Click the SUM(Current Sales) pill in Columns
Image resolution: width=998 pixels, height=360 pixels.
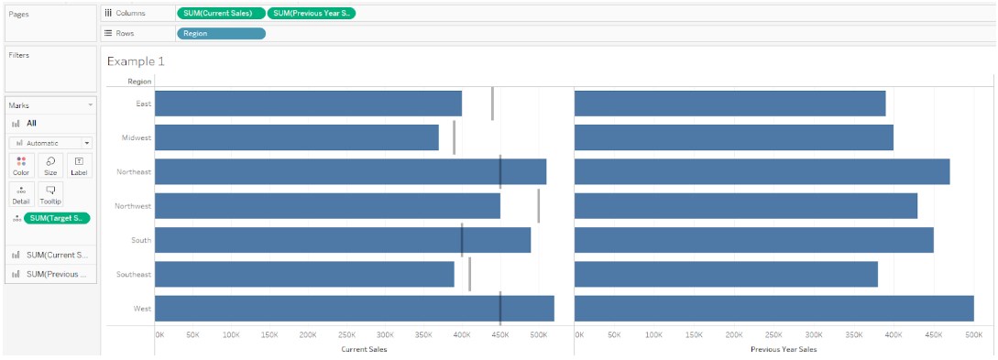coord(221,13)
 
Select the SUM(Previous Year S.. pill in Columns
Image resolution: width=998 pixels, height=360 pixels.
coord(312,13)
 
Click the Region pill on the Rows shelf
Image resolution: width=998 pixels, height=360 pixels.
coord(221,34)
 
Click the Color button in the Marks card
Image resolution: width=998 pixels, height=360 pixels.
coord(21,166)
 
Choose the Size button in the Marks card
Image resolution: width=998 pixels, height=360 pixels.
coord(50,166)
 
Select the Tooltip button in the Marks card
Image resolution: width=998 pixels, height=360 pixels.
coord(50,194)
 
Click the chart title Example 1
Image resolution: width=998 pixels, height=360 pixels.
coord(136,61)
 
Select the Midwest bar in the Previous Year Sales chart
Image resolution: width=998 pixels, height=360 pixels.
coord(733,137)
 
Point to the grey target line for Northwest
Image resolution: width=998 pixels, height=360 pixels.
coord(538,206)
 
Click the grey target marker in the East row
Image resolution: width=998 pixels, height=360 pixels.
coord(492,104)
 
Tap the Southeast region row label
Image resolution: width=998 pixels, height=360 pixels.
coord(134,275)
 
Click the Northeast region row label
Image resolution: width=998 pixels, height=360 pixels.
coord(134,172)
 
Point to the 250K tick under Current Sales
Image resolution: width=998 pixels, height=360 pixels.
coord(346,335)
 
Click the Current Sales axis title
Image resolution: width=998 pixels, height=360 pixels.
coord(364,350)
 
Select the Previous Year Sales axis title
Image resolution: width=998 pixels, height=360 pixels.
coord(783,350)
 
